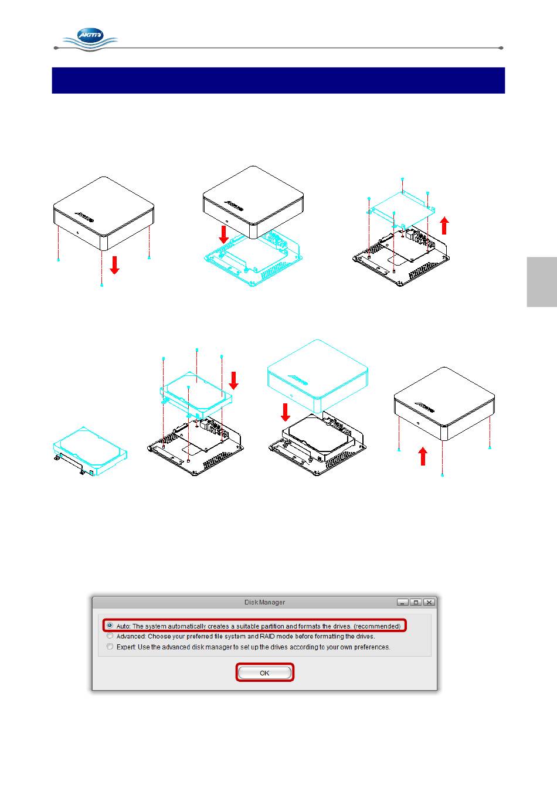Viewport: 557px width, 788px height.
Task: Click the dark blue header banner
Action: (278, 80)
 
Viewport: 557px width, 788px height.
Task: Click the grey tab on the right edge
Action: (542, 282)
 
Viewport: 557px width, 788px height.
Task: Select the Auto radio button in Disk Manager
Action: (110, 626)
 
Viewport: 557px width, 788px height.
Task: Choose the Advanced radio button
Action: (110, 636)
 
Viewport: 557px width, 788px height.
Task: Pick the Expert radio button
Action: (110, 646)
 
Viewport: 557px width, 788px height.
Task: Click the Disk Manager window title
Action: (264, 602)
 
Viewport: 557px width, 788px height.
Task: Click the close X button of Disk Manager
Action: (429, 602)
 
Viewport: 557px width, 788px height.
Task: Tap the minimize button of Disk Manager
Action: (403, 602)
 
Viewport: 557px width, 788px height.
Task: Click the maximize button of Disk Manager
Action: (416, 602)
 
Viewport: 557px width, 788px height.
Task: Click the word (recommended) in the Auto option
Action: (377, 626)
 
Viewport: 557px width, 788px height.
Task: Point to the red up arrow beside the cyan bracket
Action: (445, 226)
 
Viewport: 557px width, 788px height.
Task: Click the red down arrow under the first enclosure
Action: (114, 265)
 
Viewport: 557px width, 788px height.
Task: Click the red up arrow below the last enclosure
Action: (423, 456)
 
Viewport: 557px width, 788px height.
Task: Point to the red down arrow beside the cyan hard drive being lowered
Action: (233, 381)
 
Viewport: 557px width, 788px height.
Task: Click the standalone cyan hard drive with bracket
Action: (90, 451)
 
